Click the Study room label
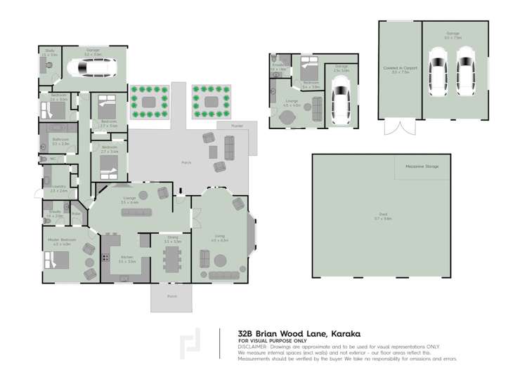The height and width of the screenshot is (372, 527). click(x=49, y=51)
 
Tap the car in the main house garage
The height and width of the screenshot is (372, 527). click(x=92, y=67)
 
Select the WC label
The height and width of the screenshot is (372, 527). click(x=51, y=159)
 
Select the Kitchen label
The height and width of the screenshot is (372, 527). click(x=126, y=258)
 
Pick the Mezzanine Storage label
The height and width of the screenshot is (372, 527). click(x=422, y=166)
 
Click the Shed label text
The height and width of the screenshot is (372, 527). click(x=383, y=215)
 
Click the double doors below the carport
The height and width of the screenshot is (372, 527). click(x=401, y=127)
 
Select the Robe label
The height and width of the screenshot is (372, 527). click(x=76, y=213)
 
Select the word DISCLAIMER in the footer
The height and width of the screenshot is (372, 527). click(x=252, y=347)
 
